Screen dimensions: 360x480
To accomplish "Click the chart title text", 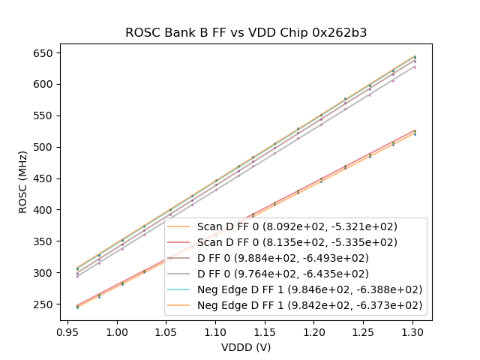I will pos(245,33).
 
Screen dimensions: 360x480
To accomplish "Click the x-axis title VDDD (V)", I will pos(245,347).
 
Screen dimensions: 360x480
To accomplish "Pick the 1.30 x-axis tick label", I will pos(413,331).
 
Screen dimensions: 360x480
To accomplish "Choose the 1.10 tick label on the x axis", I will pos(216,331).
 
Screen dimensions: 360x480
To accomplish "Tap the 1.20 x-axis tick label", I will pos(314,331).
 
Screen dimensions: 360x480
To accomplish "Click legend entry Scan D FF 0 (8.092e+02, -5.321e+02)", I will pos(297,226).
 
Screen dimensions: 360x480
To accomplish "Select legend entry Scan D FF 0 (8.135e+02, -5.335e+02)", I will pos(297,242).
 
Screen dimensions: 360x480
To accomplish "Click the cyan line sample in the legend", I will pos(180,289).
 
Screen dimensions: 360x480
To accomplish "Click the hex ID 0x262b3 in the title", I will pos(341,33).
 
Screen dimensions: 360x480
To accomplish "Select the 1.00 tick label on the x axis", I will pos(117,331).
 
